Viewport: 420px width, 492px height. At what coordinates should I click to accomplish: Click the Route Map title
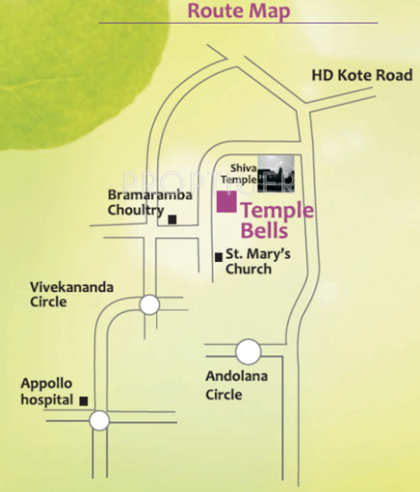point(239,11)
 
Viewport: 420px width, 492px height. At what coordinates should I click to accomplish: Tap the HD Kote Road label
point(362,76)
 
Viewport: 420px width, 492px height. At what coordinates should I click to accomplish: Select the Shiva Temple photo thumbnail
point(276,173)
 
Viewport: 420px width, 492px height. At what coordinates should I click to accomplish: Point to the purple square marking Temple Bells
point(226,202)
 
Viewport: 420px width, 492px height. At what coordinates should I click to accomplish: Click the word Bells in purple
point(265,230)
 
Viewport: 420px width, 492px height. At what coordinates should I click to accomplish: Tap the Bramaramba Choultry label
point(150,202)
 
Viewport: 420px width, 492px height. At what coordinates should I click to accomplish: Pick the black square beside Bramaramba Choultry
point(172,220)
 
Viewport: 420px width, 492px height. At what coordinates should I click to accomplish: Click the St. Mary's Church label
point(258,261)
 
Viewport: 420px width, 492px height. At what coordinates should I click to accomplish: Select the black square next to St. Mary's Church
point(218,257)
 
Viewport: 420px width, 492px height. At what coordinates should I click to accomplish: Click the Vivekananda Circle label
point(71,294)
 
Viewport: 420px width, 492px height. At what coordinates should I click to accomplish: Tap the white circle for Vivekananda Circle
point(149,305)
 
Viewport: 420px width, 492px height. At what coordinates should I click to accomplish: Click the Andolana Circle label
point(236,385)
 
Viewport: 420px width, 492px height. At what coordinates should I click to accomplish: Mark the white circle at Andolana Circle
point(248,352)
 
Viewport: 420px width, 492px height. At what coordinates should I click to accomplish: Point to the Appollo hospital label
point(47,391)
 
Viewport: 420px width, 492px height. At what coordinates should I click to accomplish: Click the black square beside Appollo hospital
point(83,400)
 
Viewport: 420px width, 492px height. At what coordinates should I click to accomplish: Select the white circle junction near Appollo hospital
point(100,420)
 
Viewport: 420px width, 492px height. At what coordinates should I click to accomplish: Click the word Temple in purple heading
point(277,211)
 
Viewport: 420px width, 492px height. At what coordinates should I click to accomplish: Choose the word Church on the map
point(248,269)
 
